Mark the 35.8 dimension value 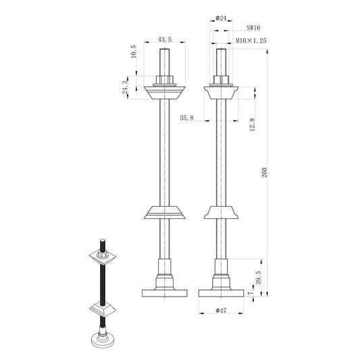[x=187, y=118]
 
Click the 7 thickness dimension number [x=251, y=292]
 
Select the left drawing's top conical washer [x=163, y=91]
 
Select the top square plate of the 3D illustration [x=103, y=257]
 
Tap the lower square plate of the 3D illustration [x=103, y=309]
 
